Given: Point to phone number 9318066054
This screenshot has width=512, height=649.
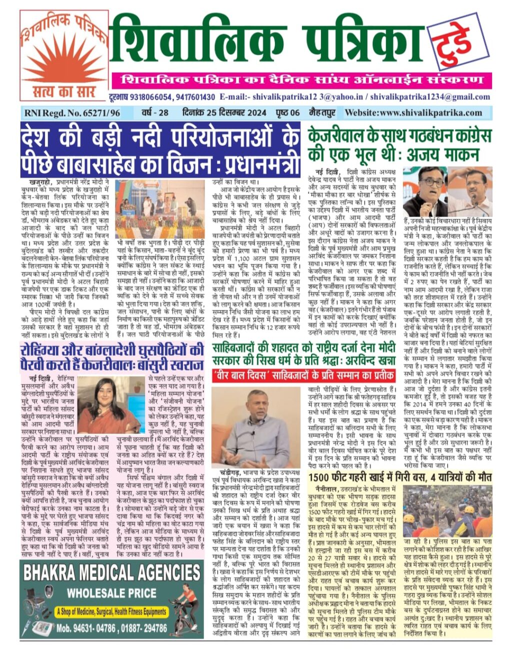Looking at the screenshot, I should click(151, 97).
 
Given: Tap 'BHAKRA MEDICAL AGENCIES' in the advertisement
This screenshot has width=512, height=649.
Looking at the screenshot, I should click(111, 572).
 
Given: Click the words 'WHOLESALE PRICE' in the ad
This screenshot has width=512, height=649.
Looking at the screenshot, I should click(111, 594).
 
